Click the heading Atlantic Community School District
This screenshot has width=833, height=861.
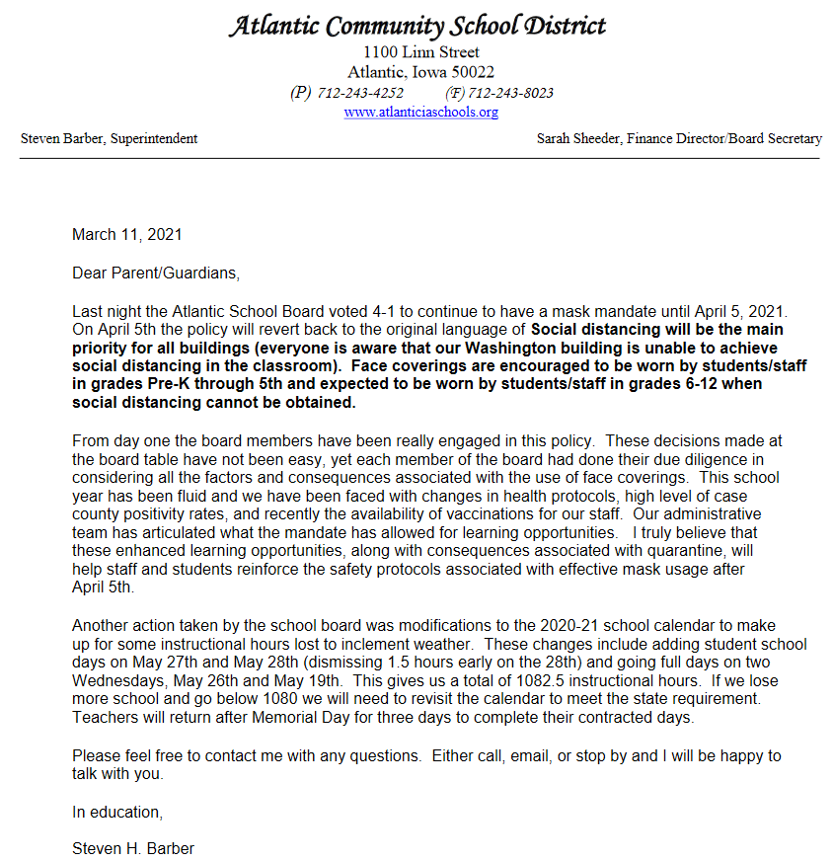(x=417, y=26)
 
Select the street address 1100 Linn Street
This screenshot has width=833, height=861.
(x=421, y=52)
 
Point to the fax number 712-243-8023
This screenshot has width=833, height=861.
(x=511, y=93)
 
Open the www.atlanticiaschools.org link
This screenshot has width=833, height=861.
(x=420, y=113)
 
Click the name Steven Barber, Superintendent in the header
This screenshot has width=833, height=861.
(x=109, y=139)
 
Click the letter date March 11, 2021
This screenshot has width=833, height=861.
(x=127, y=235)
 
